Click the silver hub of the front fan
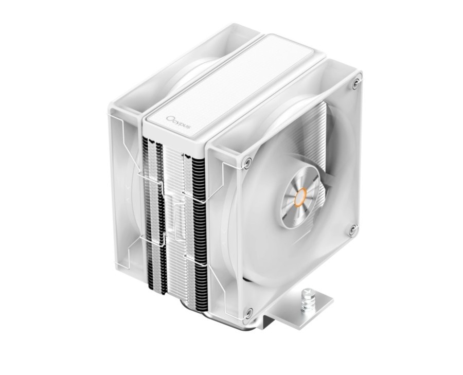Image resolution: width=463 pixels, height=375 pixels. pos(299,197)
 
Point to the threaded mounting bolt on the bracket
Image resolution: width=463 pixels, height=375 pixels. pos(310,298)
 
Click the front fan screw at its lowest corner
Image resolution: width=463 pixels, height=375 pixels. pos(248,311)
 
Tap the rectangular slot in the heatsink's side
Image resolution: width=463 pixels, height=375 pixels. pos(180,221)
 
